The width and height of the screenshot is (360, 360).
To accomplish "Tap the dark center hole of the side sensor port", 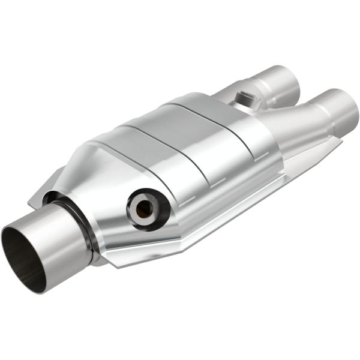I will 144,209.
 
